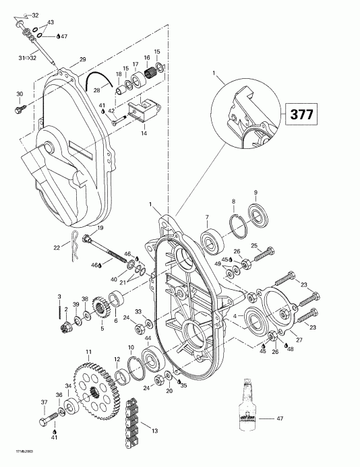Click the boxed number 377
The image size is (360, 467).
pos(301,114)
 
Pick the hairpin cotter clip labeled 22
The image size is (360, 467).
pos(75,239)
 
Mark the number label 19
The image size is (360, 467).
pos(100,228)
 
